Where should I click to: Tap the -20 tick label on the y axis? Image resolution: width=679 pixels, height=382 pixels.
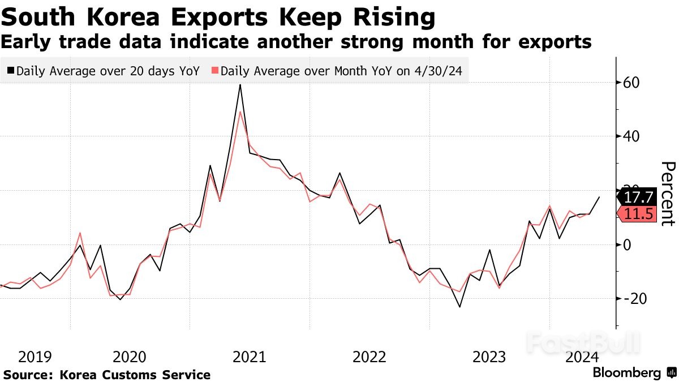631,298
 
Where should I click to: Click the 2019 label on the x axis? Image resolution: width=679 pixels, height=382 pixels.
35,357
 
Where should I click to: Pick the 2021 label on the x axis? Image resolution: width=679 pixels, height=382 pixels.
250,357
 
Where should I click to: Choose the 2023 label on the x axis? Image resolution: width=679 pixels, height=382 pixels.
489,357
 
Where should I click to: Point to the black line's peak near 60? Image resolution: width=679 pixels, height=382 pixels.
240,85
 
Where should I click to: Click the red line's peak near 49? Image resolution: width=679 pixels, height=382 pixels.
240,112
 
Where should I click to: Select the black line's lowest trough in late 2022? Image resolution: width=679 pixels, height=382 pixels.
459,307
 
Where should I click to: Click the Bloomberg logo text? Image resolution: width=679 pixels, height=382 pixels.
626,373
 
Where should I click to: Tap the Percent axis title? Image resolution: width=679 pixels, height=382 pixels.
668,194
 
